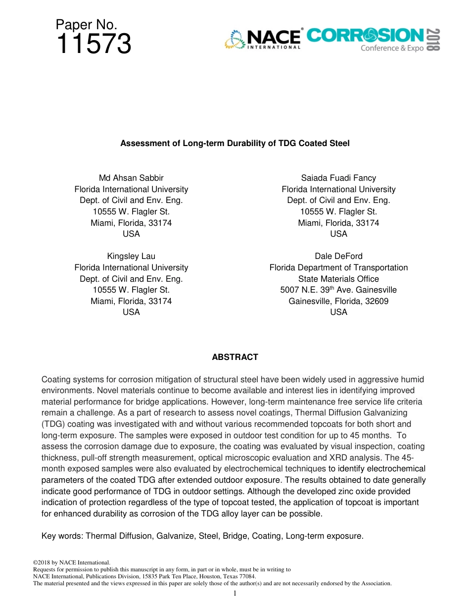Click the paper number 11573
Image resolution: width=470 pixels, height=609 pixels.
tap(94, 44)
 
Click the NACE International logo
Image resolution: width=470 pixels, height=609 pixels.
tap(263, 39)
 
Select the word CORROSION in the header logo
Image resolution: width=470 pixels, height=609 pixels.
tap(365, 36)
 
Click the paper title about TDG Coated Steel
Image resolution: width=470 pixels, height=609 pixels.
tap(235, 144)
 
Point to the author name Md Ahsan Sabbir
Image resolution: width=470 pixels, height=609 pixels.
tap(131, 178)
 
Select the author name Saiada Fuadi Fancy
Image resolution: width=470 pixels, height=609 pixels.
tap(338, 178)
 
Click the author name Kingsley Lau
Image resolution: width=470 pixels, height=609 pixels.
tap(131, 256)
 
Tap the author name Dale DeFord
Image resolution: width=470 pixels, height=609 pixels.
tap(338, 256)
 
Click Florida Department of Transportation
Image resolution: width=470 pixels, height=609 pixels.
tap(338, 267)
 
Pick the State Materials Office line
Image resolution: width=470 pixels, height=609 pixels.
tap(338, 279)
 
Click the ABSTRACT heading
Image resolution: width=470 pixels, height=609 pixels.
tap(235, 357)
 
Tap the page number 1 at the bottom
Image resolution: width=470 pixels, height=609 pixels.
tap(235, 593)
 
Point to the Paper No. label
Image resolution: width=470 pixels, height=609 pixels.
tap(86, 25)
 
